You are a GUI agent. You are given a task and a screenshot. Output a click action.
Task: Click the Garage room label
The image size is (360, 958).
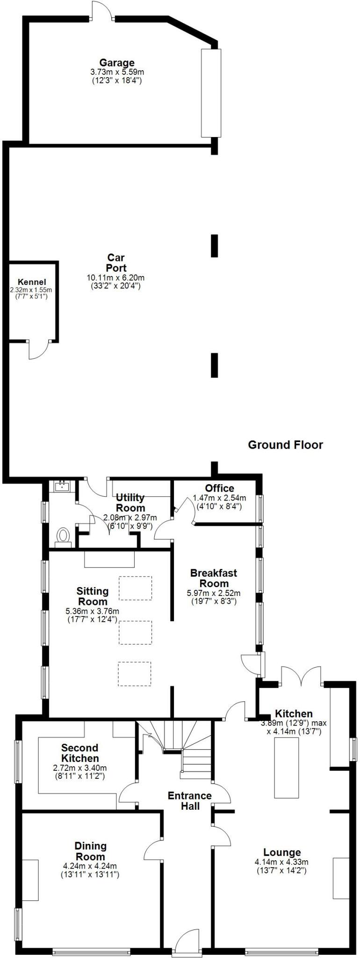pos(116,63)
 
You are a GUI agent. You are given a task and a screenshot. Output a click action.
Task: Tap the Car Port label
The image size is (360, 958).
pos(116,262)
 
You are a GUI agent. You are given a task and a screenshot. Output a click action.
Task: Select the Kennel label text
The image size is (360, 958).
pos(32,282)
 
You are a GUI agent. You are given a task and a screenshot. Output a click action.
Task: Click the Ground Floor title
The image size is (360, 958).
pos(285,444)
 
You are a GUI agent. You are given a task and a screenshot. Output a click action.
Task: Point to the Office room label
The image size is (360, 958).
pos(219,488)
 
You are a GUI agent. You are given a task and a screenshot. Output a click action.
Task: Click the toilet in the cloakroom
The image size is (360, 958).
pos(63,536)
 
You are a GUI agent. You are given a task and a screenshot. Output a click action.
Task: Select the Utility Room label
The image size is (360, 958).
pos(130,502)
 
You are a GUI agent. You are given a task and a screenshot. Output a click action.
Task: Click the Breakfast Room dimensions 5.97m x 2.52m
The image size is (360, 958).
pos(214,593)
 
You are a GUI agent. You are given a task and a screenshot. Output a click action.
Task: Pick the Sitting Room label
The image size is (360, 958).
pos(93,596)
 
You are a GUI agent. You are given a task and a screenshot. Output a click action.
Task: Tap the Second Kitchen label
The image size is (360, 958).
pos(80,753)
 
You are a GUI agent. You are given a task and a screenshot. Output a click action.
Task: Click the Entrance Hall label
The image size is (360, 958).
pos(190,800)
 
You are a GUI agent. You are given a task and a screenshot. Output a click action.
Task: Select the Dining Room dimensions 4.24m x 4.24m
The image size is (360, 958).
pos(90,866)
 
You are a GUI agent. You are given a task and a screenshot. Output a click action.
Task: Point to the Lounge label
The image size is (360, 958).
pos(282,852)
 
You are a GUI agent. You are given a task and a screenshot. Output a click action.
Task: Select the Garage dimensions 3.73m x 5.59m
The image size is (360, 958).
pos(116,73)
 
